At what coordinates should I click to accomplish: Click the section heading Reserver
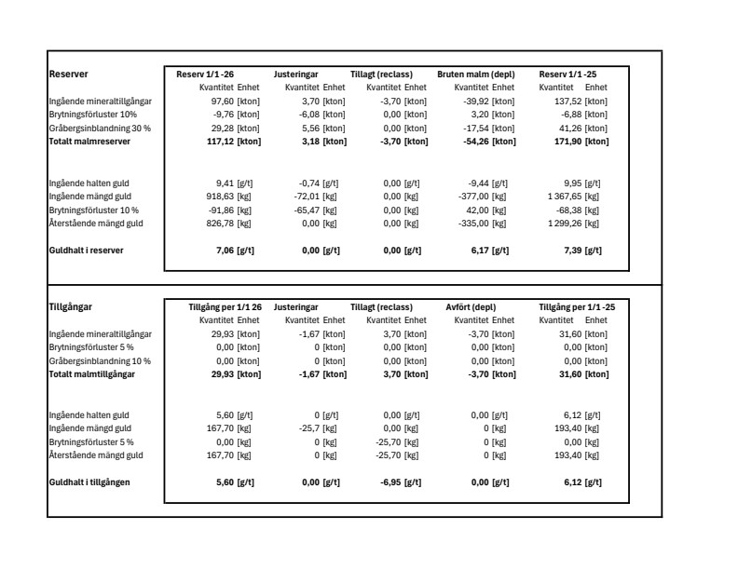(x=67, y=74)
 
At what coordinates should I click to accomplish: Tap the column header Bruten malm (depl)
(x=475, y=74)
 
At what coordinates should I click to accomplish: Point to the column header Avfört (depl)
(x=471, y=306)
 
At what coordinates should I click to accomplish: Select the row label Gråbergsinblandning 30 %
(x=100, y=128)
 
